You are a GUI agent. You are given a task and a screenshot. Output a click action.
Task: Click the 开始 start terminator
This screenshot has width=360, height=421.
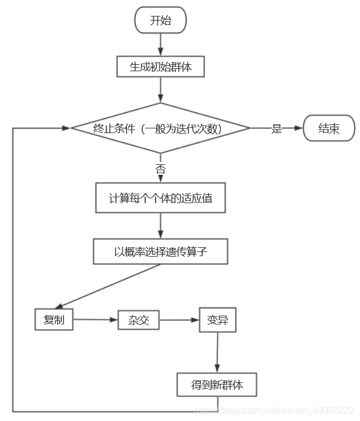click(160, 20)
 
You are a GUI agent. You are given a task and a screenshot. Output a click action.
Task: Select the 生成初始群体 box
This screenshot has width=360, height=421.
click(160, 67)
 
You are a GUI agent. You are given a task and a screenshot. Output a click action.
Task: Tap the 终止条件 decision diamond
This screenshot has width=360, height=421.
click(160, 128)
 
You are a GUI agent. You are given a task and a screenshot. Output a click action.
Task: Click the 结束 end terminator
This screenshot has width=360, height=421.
click(329, 128)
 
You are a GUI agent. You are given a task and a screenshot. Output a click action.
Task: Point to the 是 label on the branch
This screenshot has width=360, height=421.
click(277, 128)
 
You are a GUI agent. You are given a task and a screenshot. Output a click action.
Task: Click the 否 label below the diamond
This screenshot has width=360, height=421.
click(160, 169)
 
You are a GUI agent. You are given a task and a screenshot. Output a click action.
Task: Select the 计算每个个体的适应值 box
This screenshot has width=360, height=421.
click(160, 198)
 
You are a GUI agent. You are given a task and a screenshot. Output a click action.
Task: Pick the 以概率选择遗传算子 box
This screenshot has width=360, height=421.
click(160, 251)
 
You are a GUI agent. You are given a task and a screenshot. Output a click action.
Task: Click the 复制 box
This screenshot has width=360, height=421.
click(54, 320)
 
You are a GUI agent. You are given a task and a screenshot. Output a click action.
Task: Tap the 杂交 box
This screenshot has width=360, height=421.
click(138, 320)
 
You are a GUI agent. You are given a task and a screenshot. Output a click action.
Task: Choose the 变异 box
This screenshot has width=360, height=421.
click(217, 320)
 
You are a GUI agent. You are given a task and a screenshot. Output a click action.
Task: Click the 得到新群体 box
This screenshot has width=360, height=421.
click(217, 384)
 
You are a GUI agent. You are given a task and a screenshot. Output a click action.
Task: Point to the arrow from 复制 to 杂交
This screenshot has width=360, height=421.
click(95, 320)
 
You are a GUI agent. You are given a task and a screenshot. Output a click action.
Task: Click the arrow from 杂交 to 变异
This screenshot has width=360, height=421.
click(179, 320)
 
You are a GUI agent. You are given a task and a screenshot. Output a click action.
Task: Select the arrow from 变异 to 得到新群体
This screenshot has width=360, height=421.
click(217, 352)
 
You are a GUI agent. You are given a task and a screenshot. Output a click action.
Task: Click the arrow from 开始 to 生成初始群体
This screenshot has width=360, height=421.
click(160, 45)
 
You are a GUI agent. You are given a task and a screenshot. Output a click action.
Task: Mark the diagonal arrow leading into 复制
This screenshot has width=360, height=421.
click(107, 287)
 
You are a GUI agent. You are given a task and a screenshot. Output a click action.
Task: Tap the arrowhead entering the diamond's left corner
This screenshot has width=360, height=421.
click(66, 128)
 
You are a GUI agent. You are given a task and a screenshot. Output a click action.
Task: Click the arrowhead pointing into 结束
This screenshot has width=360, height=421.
click(299, 128)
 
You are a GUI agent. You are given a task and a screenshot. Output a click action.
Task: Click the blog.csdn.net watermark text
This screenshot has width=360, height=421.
click(275, 410)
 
